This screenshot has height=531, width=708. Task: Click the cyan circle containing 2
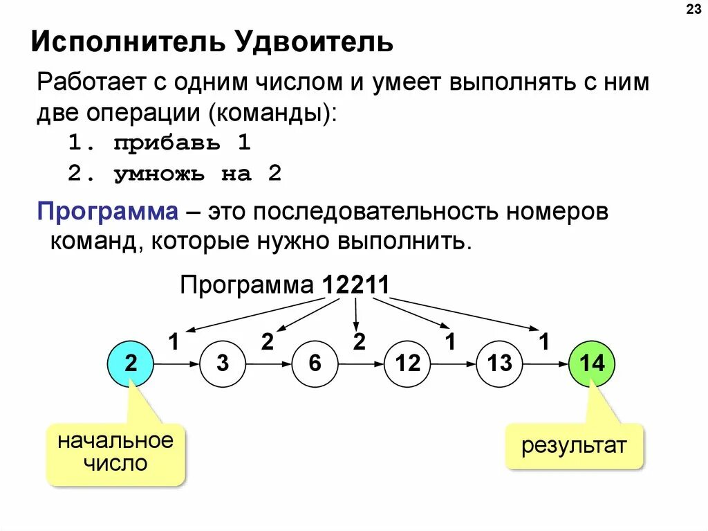[x=131, y=363]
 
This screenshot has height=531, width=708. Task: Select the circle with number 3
[x=223, y=363]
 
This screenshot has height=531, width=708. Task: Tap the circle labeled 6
[x=315, y=363]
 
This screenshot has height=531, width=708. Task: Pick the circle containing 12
[x=407, y=363]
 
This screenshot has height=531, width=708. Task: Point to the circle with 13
[x=499, y=363]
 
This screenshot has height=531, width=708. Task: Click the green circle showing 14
[x=591, y=363]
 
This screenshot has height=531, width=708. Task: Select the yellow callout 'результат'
[x=574, y=445]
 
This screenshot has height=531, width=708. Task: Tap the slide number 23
[x=692, y=10]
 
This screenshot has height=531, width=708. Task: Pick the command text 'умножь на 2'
[x=198, y=174]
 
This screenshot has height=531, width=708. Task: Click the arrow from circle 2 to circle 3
[x=176, y=363]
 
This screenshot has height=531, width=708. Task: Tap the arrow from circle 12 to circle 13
[x=453, y=363]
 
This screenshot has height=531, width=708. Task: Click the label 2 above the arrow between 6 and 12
[x=359, y=341]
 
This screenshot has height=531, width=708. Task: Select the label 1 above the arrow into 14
[x=544, y=341]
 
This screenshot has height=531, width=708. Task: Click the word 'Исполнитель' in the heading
[x=126, y=44]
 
